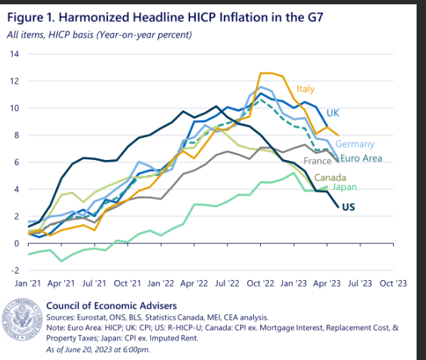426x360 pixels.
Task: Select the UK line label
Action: coord(332,113)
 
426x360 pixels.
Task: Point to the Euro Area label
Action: coord(361,159)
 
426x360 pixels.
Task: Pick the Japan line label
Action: coord(343,187)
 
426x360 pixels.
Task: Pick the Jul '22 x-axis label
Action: coord(227,284)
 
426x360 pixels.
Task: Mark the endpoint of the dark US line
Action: coord(337,207)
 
